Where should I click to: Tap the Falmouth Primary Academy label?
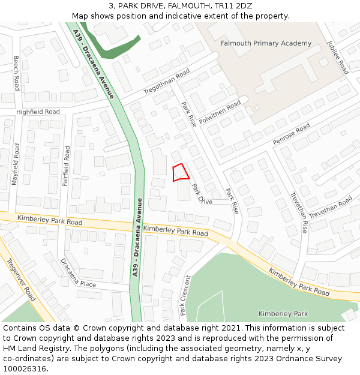266,43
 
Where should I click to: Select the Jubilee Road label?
337,58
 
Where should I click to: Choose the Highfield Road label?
38,112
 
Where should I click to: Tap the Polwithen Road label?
220,112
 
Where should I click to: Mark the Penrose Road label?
291,134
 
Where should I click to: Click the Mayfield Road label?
16,164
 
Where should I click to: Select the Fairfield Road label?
67,166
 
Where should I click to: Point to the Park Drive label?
202,194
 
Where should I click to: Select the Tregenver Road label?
20,280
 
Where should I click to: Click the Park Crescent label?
185,295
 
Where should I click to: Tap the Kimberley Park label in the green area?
283,314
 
